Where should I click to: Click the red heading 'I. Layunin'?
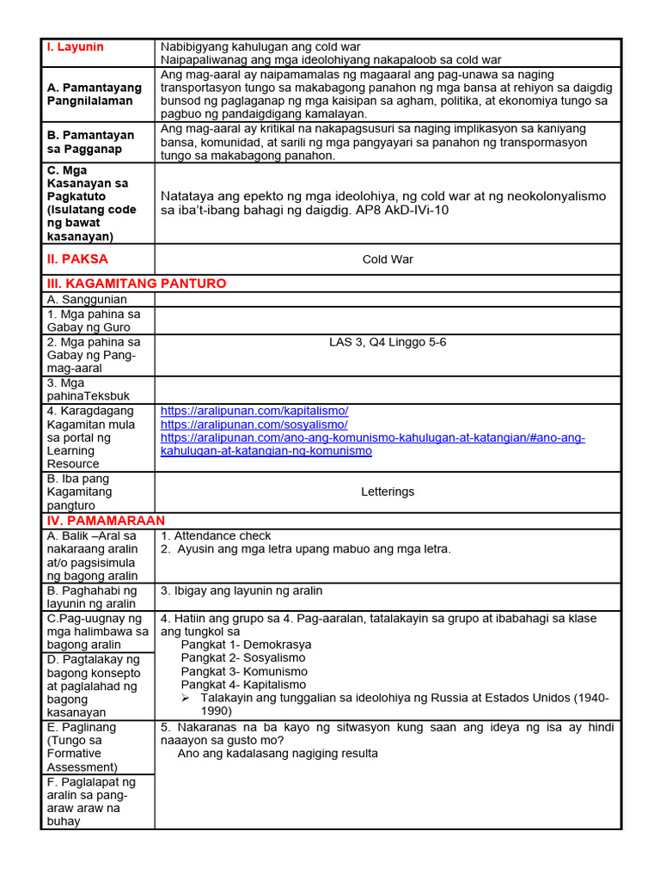click(x=75, y=47)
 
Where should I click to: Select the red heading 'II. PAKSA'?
click(x=77, y=259)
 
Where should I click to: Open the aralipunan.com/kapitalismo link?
click(x=254, y=411)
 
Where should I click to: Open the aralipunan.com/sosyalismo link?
click(x=254, y=425)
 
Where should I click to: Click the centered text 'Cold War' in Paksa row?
click(x=388, y=260)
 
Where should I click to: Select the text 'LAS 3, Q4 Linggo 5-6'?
click(x=388, y=342)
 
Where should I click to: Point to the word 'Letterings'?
click(x=388, y=492)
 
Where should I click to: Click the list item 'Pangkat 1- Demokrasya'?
click(x=246, y=645)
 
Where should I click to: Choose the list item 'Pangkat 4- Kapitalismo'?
click(x=243, y=685)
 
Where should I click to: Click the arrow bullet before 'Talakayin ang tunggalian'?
click(x=186, y=698)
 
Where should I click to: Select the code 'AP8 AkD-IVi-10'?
click(x=402, y=210)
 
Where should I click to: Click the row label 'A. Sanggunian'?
click(x=87, y=299)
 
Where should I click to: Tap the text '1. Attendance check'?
click(x=216, y=535)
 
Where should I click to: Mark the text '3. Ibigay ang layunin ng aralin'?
click(x=241, y=591)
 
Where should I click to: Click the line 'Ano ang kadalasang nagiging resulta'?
click(x=278, y=754)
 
